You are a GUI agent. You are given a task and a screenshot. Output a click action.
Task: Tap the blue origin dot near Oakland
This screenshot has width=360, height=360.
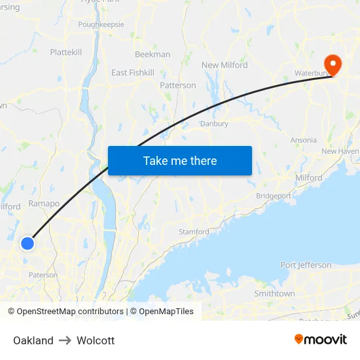pos(27,243)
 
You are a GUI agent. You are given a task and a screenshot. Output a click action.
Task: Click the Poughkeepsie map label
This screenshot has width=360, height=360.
pos(101,24)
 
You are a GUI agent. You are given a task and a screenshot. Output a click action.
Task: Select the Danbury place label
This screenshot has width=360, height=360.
pos(214,124)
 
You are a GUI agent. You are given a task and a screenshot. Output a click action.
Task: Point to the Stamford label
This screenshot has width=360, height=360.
pos(194,232)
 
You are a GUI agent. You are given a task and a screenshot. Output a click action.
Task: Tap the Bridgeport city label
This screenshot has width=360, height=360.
pos(274,196)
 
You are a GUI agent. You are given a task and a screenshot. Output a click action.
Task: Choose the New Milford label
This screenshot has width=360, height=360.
pos(225,65)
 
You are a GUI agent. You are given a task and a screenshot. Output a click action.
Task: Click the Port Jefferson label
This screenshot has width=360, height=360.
pos(306,265)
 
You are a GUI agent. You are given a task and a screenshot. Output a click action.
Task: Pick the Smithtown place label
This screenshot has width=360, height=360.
pos(274,294)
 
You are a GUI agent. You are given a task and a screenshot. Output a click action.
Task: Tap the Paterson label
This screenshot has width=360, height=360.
pos(43,275)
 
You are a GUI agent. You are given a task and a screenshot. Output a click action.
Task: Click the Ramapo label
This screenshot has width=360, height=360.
pos(44,204)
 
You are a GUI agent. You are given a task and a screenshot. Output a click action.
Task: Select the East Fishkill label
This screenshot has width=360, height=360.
pos(133,73)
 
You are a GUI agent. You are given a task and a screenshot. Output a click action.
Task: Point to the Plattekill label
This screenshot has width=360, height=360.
pos(66,52)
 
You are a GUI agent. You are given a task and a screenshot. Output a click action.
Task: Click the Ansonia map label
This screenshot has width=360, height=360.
pos(303,140)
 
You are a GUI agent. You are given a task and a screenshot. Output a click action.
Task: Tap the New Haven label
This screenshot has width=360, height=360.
pos(340,151)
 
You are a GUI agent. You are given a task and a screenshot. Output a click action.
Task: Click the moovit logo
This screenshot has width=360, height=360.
pos(320,340)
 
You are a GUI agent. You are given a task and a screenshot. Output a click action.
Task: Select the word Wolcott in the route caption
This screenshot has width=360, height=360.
pos(96,340)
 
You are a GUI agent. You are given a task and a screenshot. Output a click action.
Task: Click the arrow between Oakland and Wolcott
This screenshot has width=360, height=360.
pos(65,340)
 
